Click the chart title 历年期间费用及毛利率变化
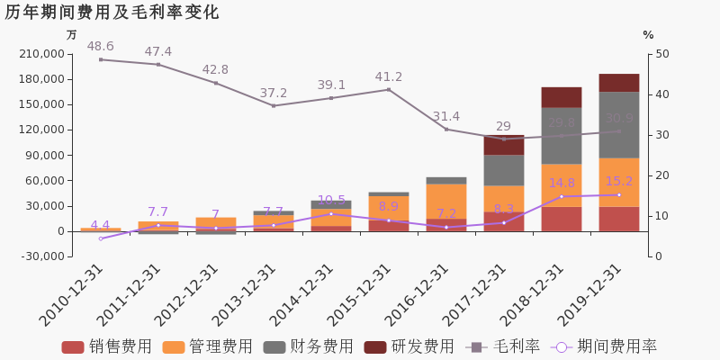click(x=112, y=13)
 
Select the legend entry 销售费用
click(x=107, y=346)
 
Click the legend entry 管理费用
click(x=208, y=346)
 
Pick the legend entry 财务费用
click(x=309, y=346)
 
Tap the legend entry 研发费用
click(x=409, y=346)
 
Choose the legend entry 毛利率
click(x=503, y=346)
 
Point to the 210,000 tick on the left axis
click(x=40, y=54)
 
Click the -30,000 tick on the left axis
click(x=40, y=256)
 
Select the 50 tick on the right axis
click(x=661, y=54)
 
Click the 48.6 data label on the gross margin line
click(x=100, y=47)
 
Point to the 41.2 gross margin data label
click(x=388, y=77)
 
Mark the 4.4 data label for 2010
click(x=100, y=225)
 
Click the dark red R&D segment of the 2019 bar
click(x=619, y=83)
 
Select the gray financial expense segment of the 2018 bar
click(x=562, y=136)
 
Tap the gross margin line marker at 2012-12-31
click(x=216, y=84)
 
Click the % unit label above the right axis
click(x=648, y=35)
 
